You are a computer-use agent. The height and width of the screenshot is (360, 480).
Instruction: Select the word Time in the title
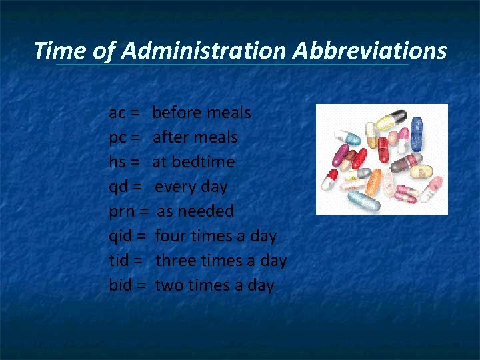pos(58,51)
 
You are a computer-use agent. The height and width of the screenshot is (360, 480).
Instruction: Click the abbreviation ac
pos(117,113)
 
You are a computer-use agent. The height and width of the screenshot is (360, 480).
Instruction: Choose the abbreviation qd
pos(118,187)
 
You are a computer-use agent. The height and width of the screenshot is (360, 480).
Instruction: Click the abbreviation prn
pos(121,212)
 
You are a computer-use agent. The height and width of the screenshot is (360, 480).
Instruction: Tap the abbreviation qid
pos(121,236)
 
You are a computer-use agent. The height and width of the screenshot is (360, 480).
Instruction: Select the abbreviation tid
pos(119,261)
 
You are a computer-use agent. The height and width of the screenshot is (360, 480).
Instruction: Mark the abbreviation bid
pos(120,285)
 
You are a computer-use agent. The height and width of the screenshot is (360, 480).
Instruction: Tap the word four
pos(171,236)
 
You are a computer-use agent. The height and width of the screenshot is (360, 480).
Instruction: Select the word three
pos(175,261)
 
